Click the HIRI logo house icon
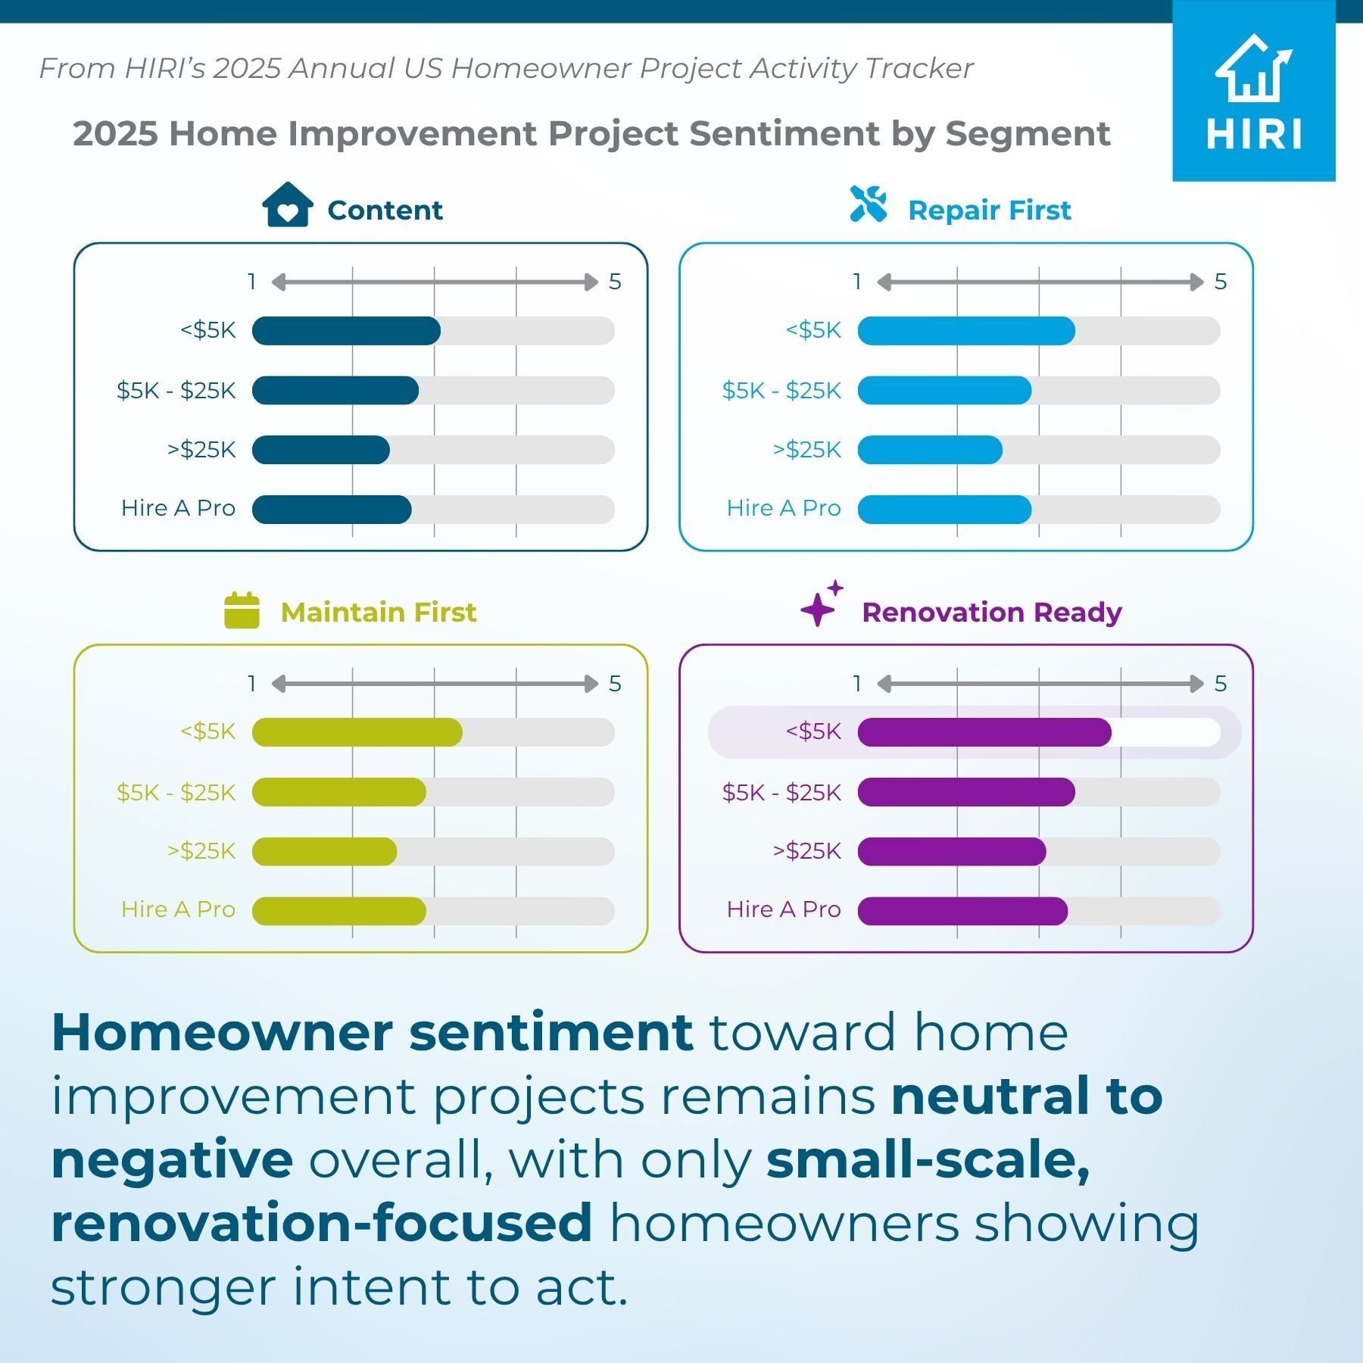1253,68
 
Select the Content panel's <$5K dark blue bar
346,331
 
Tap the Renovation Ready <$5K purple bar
984,732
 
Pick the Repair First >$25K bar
930,450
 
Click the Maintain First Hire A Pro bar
339,911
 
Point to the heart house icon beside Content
288,204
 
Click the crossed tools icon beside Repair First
869,204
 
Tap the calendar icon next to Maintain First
242,610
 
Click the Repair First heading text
990,210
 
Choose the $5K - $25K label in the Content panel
176,391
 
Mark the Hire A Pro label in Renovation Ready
784,909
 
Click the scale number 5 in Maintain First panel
615,684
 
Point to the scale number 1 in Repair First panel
857,282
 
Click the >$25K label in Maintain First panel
201,851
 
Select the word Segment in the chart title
1028,134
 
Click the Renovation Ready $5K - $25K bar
966,792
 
